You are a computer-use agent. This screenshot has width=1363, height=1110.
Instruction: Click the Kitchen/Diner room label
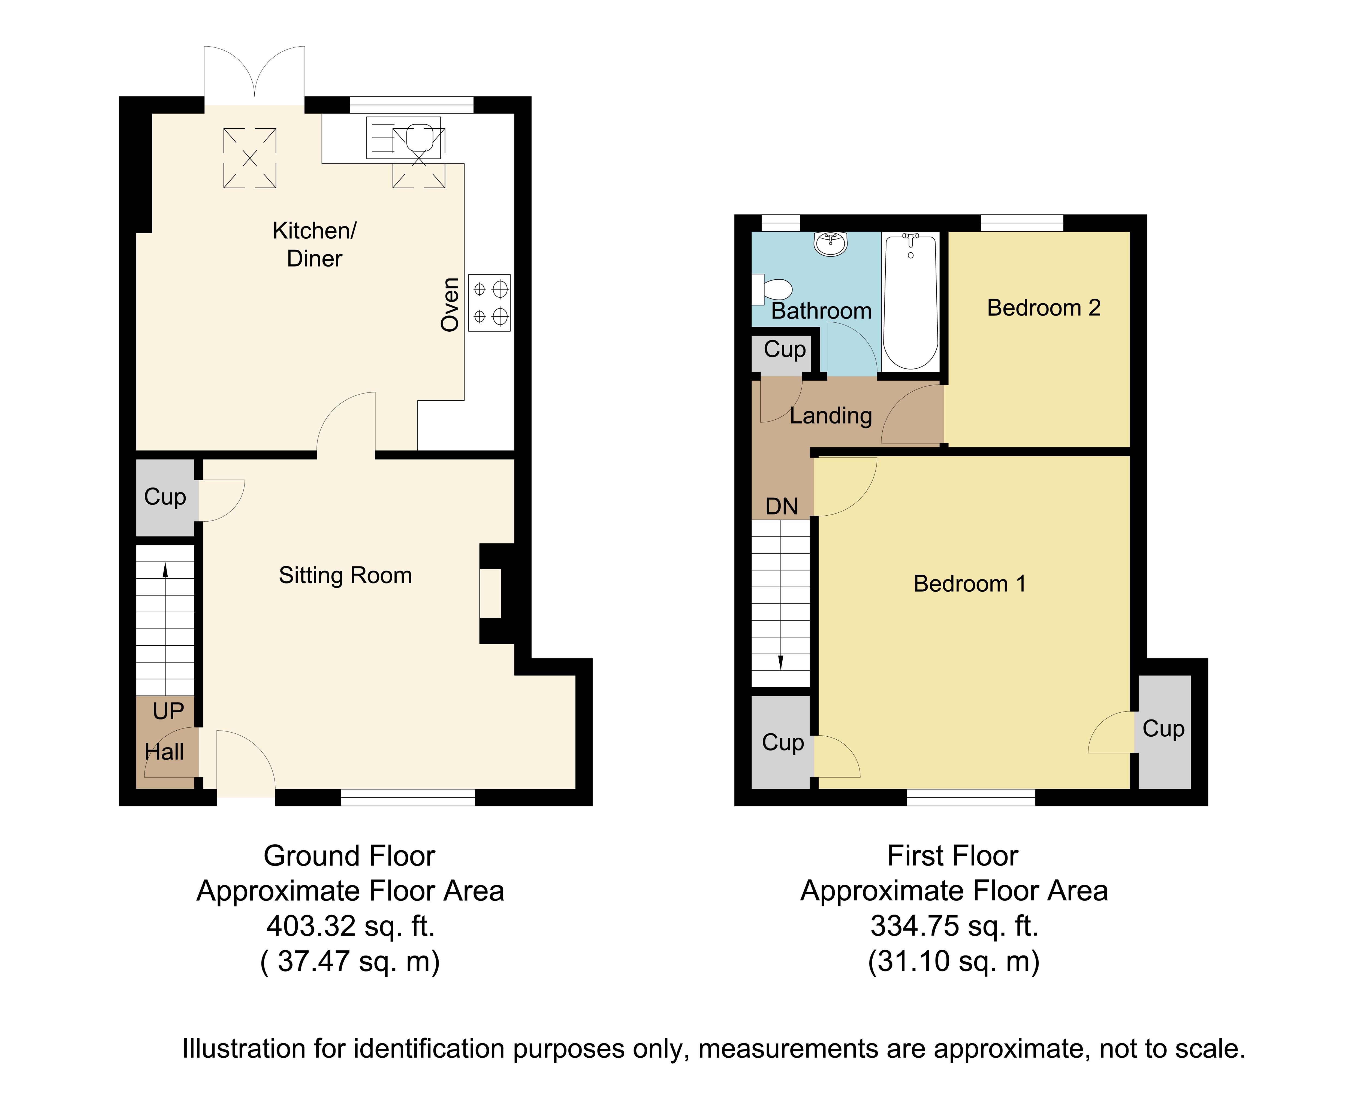[x=314, y=244]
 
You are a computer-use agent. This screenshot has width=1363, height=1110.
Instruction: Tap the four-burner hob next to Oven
[x=489, y=303]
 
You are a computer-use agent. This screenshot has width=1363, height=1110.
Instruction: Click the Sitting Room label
[x=345, y=576]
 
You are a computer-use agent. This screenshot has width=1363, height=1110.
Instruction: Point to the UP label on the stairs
[x=168, y=711]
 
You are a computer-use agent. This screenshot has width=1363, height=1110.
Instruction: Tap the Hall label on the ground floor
[x=164, y=752]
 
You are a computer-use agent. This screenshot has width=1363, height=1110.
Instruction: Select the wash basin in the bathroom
[x=830, y=243]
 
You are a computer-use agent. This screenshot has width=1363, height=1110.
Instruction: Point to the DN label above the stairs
[x=782, y=506]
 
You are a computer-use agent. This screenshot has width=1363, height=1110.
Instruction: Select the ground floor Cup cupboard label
[x=165, y=497]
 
